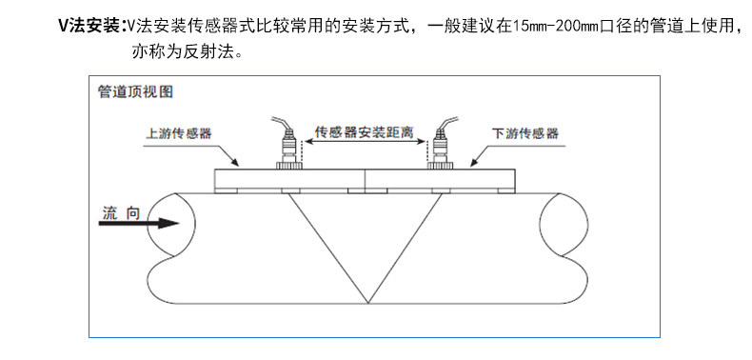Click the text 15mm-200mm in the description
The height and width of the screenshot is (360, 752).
pos(555,26)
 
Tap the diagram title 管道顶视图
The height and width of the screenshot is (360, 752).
pos(135,91)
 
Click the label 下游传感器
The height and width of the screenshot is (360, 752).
pos(525,133)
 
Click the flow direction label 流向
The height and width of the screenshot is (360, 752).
pos(121,212)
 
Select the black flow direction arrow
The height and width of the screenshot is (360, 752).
pos(139,223)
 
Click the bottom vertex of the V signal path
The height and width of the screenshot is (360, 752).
pos(367,303)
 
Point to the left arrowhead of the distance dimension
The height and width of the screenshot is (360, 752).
pos(309,142)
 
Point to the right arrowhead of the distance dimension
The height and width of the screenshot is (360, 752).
pos(421,142)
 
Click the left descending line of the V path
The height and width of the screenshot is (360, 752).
pos(328,249)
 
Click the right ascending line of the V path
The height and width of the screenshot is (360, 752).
pos(405,249)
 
